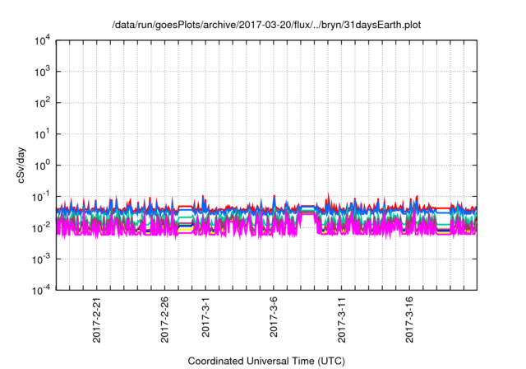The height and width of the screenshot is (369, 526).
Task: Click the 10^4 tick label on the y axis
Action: point(42,40)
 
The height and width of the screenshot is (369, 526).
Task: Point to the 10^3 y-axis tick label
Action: point(42,71)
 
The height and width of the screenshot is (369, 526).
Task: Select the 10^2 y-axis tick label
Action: point(42,102)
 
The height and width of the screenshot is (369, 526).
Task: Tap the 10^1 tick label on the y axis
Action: point(42,133)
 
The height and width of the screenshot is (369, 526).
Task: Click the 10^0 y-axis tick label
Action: point(42,165)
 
